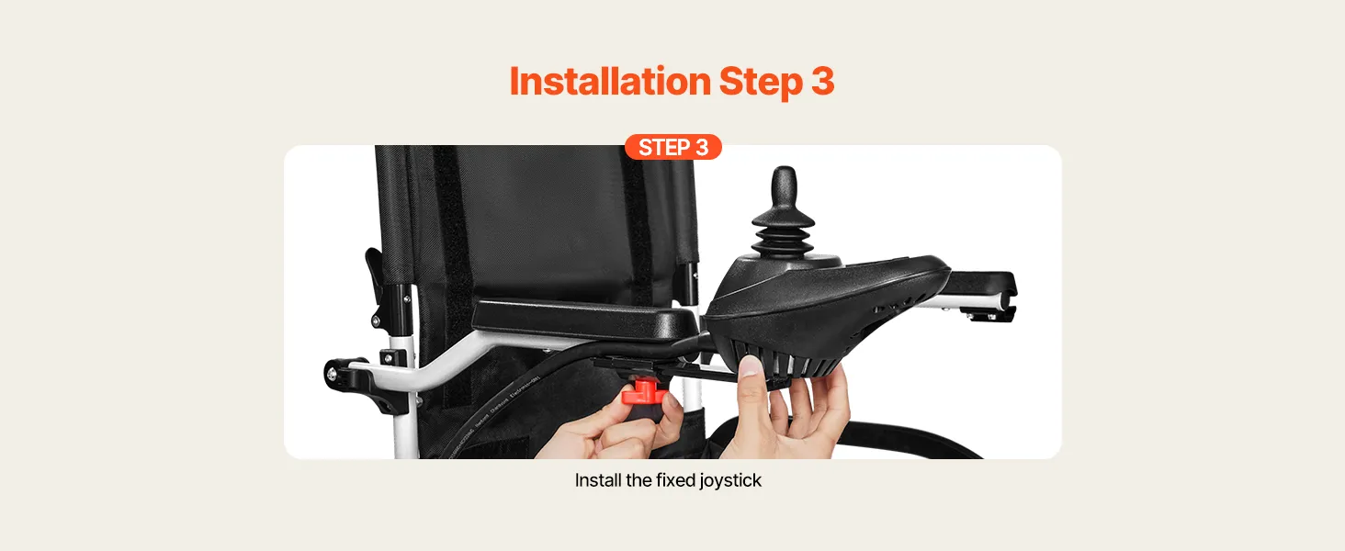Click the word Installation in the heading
(x=610, y=81)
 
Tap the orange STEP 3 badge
(x=673, y=147)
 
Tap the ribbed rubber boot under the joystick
(x=783, y=234)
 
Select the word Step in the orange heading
(x=761, y=83)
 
